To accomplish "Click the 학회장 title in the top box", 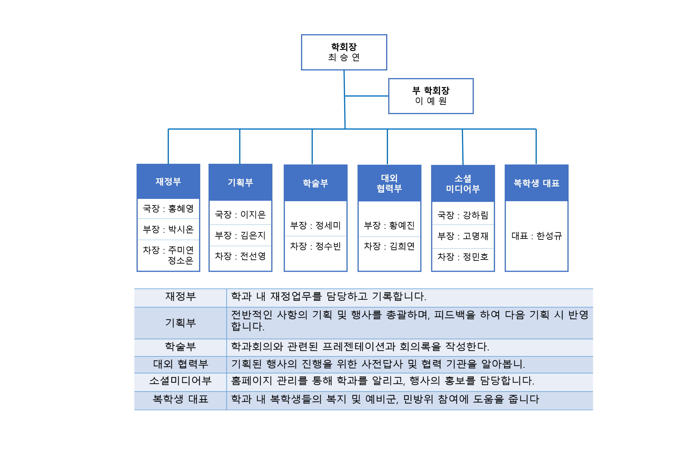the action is pyautogui.click(x=344, y=47).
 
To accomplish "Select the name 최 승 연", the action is pyautogui.click(x=344, y=57).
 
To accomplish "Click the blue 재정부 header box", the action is pyautogui.click(x=168, y=182).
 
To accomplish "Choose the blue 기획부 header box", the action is pyautogui.click(x=240, y=182).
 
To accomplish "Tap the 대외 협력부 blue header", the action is pyautogui.click(x=389, y=183).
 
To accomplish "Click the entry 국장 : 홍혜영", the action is pyautogui.click(x=168, y=209).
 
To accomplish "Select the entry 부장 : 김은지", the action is pyautogui.click(x=240, y=235).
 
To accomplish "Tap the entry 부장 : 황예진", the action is pyautogui.click(x=389, y=225).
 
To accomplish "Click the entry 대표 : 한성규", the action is pyautogui.click(x=537, y=236).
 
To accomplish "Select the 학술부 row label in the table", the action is pyautogui.click(x=180, y=346).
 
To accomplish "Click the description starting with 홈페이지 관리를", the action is pyautogui.click(x=382, y=381).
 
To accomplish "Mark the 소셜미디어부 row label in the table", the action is pyautogui.click(x=180, y=381).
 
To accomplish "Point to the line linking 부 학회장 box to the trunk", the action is pyautogui.click(x=367, y=96).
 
